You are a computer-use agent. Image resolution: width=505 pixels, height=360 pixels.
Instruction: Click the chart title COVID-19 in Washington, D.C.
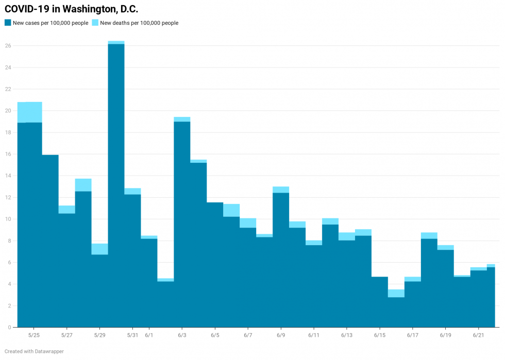pyautogui.click(x=71, y=9)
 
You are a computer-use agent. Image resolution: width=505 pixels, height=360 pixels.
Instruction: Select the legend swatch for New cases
pyautogui.click(x=8, y=23)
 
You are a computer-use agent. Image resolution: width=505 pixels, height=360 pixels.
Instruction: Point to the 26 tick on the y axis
pyautogui.click(x=8, y=46)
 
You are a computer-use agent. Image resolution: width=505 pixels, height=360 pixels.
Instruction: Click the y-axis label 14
pyautogui.click(x=8, y=176)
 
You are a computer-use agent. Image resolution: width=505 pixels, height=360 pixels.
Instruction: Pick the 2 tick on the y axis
pyautogui.click(x=9, y=306)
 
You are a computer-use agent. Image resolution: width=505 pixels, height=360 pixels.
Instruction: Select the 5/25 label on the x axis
pyautogui.click(x=33, y=335)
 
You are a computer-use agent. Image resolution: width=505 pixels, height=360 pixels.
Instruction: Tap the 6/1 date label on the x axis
pyautogui.click(x=149, y=335)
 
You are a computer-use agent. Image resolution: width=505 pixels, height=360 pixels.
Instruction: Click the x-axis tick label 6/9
pyautogui.click(x=281, y=335)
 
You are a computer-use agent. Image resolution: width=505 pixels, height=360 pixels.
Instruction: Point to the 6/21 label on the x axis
pyautogui.click(x=479, y=335)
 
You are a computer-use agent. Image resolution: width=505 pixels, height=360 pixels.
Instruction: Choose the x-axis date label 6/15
pyautogui.click(x=380, y=335)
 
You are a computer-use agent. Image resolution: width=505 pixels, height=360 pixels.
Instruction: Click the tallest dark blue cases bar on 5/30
pyautogui.click(x=116, y=185)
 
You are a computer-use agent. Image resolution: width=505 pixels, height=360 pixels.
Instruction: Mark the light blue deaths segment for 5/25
pyautogui.click(x=33, y=112)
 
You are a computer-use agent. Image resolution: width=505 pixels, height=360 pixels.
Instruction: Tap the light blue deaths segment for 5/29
pyautogui.click(x=99, y=249)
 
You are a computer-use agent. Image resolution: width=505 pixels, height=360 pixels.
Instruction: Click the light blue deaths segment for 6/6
pyautogui.click(x=231, y=210)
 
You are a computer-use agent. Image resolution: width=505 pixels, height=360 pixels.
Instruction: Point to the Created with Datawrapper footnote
pyautogui.click(x=34, y=351)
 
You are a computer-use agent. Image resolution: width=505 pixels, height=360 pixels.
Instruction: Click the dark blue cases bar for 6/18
pyautogui.click(x=429, y=283)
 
